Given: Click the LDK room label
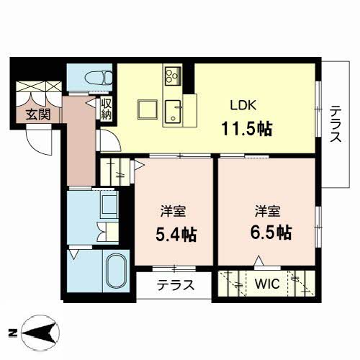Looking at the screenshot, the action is pyautogui.click(x=243, y=105).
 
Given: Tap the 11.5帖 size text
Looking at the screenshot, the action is pyautogui.click(x=247, y=129).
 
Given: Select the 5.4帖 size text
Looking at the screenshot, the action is pyautogui.click(x=176, y=234).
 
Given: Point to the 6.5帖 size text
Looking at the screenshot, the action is pyautogui.click(x=271, y=233).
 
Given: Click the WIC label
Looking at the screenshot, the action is pyautogui.click(x=267, y=284).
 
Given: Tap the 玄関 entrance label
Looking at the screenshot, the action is pyautogui.click(x=38, y=114).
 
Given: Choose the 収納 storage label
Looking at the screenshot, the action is pyautogui.click(x=107, y=109).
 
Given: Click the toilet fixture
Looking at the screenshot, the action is pyautogui.click(x=99, y=78).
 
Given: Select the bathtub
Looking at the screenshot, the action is pyautogui.click(x=116, y=271).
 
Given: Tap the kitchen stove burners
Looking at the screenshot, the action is pyautogui.click(x=173, y=76).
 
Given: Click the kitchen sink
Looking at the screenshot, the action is pyautogui.click(x=173, y=112).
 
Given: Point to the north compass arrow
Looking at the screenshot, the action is pyautogui.click(x=40, y=333).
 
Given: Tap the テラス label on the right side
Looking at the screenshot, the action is pyautogui.click(x=336, y=124).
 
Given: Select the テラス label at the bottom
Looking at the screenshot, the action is pyautogui.click(x=175, y=285).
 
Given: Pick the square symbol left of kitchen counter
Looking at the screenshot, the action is pyautogui.click(x=148, y=109).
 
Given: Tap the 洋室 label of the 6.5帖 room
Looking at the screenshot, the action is pyautogui.click(x=268, y=211).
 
